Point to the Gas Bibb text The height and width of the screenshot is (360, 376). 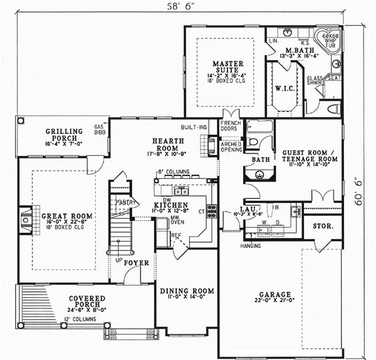click(x=98, y=129)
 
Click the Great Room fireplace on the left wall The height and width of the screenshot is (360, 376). click(x=24, y=220)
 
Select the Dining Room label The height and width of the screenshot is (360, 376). click(x=187, y=291)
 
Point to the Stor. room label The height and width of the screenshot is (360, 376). click(x=323, y=224)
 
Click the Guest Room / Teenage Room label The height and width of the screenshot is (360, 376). click(x=310, y=155)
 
